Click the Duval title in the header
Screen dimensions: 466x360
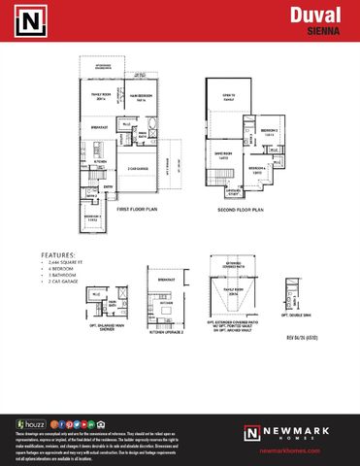point(317,14)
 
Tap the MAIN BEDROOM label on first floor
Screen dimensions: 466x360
point(141,95)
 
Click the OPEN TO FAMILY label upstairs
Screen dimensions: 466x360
point(229,98)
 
